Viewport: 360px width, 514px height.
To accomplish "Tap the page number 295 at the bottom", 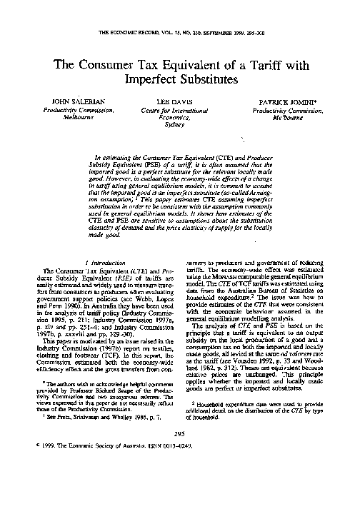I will pos(179,473).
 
